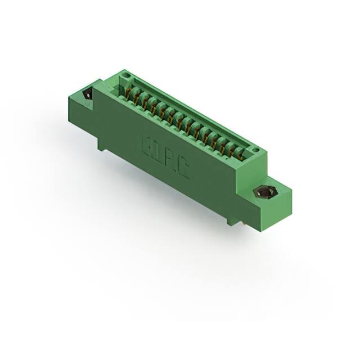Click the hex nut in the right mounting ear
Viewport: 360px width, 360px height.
(263, 192)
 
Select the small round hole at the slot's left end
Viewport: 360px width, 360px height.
(127, 76)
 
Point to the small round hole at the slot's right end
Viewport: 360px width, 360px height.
(255, 150)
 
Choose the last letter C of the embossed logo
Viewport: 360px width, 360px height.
(183, 170)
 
